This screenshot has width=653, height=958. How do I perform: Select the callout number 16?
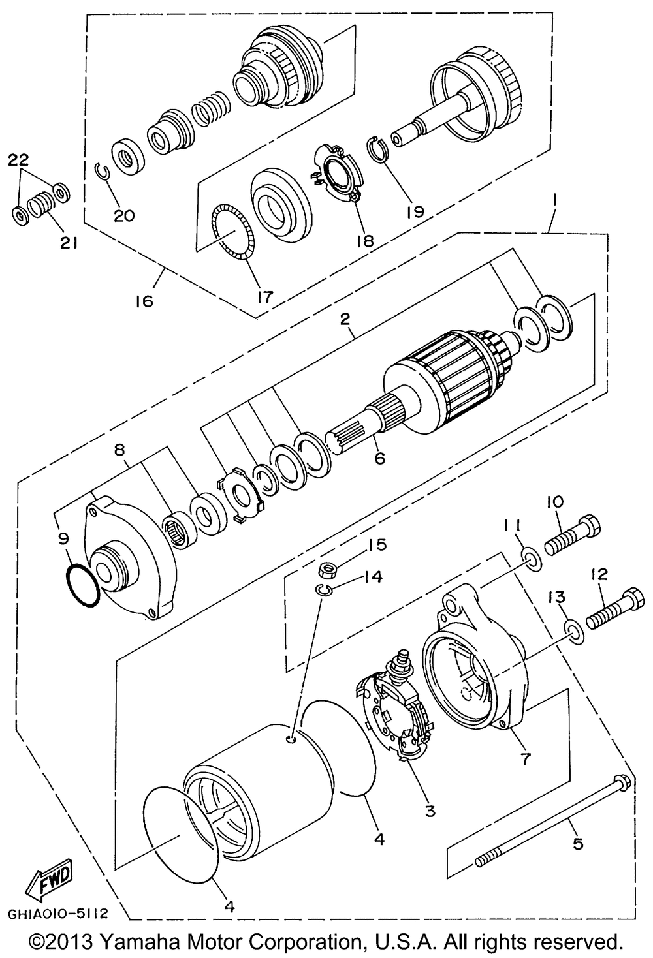[144, 301]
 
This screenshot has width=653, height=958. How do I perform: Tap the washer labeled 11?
[532, 561]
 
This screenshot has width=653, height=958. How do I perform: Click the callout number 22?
[19, 160]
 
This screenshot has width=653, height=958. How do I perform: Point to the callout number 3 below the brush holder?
[430, 810]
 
